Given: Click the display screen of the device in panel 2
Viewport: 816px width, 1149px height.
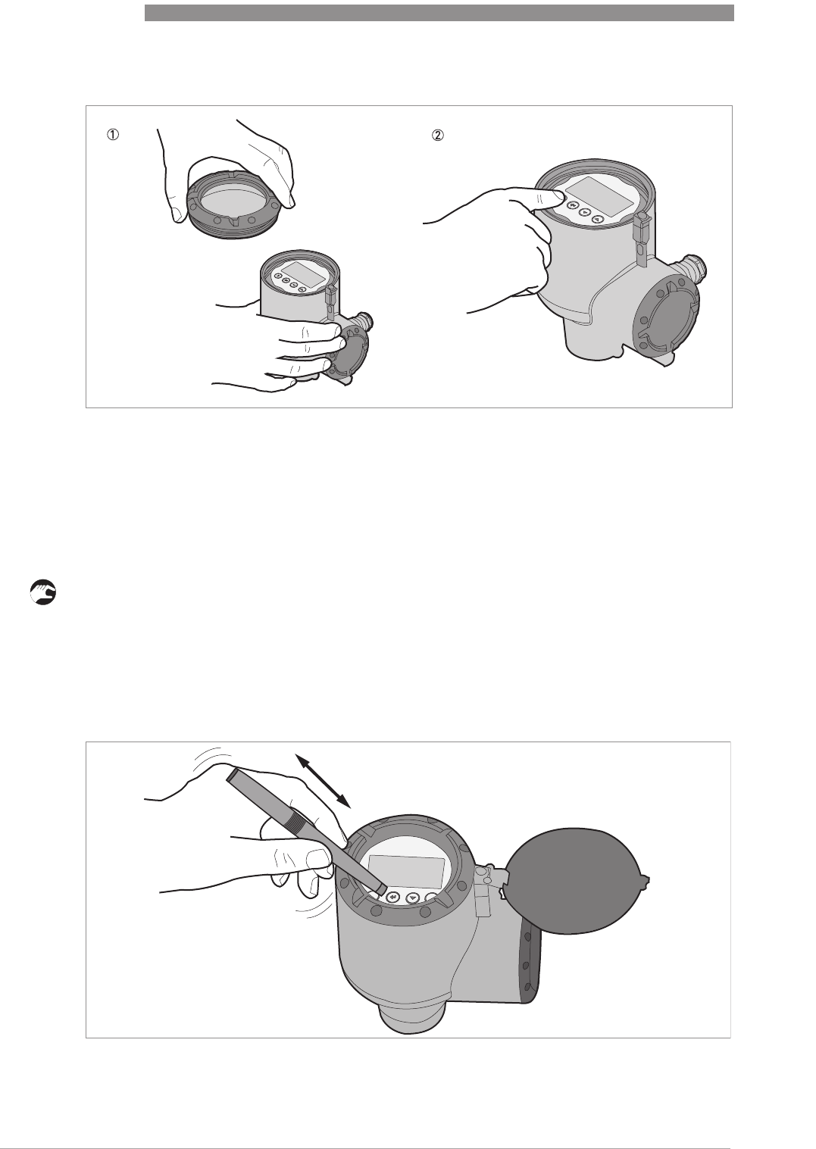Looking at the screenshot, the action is click(599, 196).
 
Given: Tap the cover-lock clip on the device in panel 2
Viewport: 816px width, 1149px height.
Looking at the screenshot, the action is click(640, 234).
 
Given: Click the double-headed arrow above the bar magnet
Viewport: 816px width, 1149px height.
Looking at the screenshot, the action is click(322, 781).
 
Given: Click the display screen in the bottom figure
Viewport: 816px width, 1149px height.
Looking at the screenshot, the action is click(406, 871).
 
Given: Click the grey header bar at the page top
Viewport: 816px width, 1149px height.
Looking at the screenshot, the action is click(439, 13).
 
